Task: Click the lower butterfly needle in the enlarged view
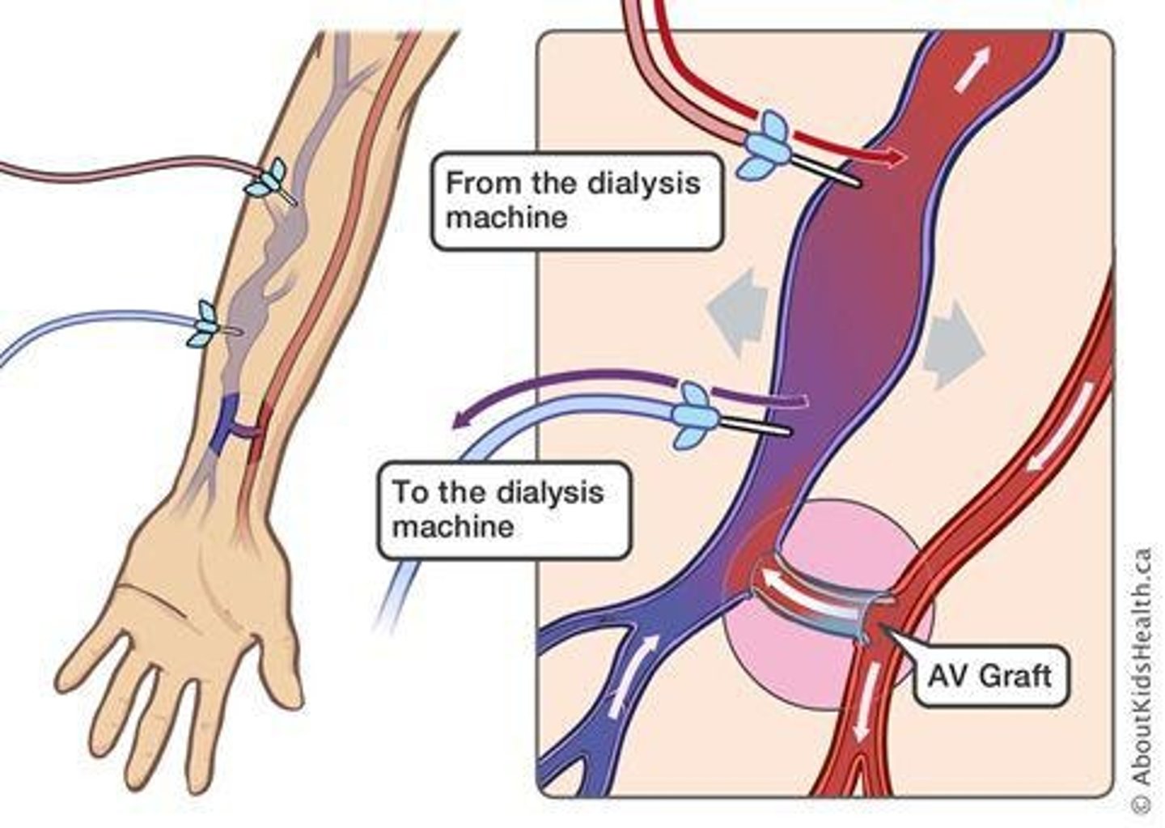(694, 414)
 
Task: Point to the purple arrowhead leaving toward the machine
(462, 418)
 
